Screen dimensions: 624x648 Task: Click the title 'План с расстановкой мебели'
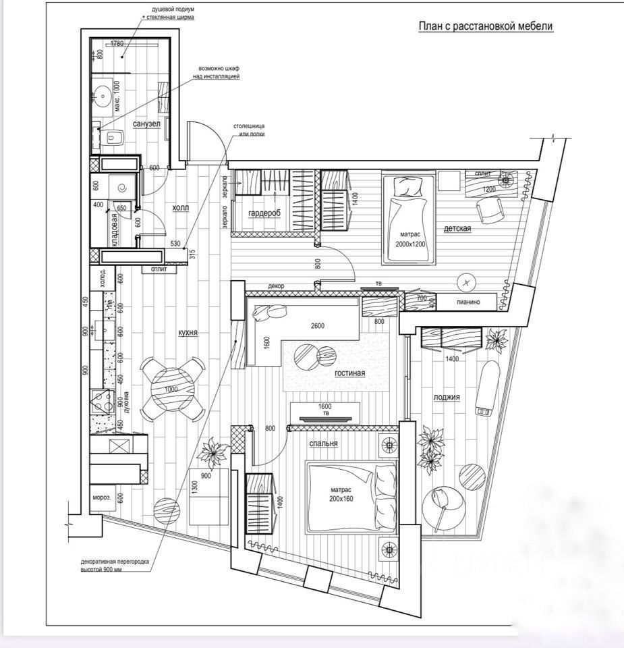pyautogui.click(x=485, y=26)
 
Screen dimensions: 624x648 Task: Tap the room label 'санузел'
pyautogui.click(x=146, y=124)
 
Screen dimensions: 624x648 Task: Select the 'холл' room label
pyautogui.click(x=180, y=209)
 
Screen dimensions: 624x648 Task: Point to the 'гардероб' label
pyautogui.click(x=264, y=213)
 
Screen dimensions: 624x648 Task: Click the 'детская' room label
pyautogui.click(x=457, y=228)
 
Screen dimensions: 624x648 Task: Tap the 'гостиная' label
pyautogui.click(x=349, y=373)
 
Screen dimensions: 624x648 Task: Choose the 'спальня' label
pyautogui.click(x=323, y=443)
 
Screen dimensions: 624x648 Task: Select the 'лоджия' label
pyautogui.click(x=447, y=397)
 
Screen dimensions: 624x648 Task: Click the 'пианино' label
pyautogui.click(x=466, y=302)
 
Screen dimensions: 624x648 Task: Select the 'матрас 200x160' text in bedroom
pyautogui.click(x=342, y=495)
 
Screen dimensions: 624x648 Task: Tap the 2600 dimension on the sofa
pyautogui.click(x=318, y=325)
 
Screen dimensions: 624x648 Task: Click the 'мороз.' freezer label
pyautogui.click(x=102, y=498)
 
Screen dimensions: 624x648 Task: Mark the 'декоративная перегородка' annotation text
pyautogui.click(x=109, y=566)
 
